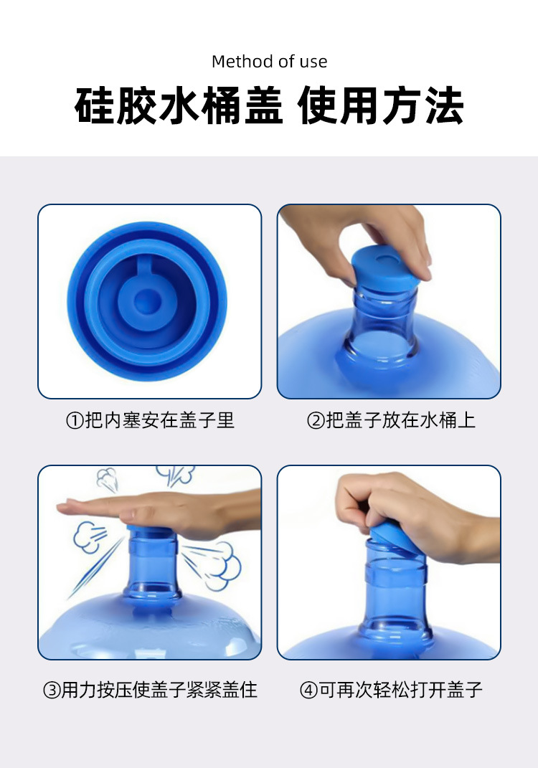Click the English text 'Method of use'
269,62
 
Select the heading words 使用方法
381,107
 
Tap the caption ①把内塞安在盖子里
150,420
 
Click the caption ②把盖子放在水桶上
391,420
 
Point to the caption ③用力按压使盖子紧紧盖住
150,690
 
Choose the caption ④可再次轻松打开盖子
391,690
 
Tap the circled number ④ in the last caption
308,691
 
